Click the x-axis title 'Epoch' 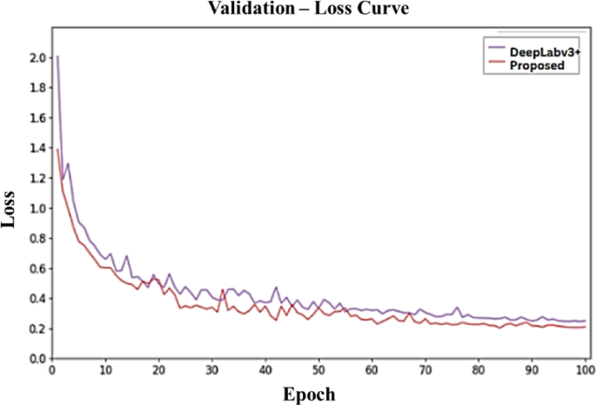pos(310,394)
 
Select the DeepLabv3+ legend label pos(544,52)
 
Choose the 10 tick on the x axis pos(105,370)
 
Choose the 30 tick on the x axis pos(212,370)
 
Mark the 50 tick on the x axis pos(318,370)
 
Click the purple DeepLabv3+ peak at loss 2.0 pos(57,57)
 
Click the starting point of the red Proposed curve pos(57,149)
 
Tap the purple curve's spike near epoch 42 pos(277,287)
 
